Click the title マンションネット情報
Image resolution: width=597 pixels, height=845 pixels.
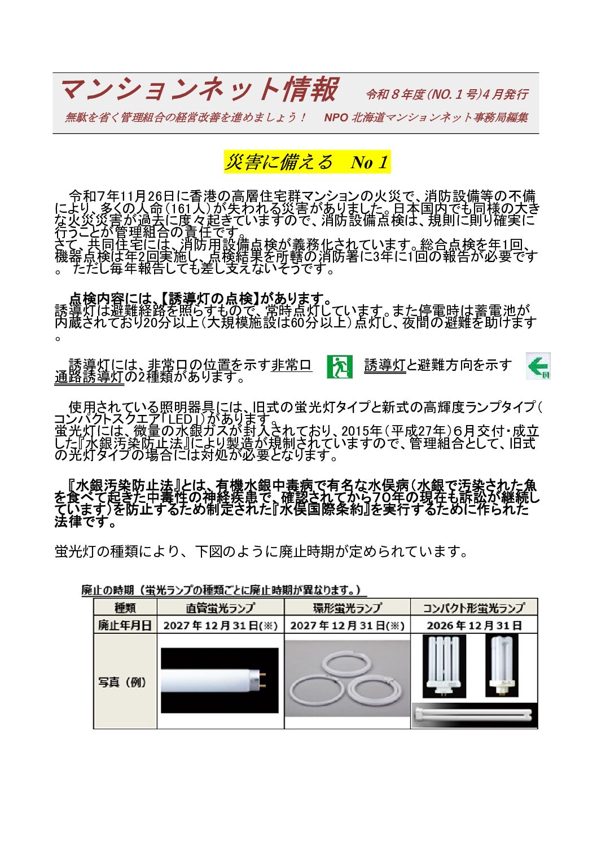tap(199, 90)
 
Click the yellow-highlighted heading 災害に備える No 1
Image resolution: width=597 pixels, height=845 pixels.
tap(307, 162)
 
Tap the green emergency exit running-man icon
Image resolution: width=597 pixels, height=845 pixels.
tap(340, 366)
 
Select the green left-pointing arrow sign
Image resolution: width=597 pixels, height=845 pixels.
tap(538, 366)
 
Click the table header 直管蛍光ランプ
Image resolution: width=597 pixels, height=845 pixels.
tap(220, 608)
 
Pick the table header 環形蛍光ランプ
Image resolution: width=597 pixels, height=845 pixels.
tap(347, 608)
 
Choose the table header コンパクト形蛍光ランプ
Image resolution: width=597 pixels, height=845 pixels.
tap(473, 608)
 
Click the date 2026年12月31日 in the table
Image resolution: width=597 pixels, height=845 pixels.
tap(474, 625)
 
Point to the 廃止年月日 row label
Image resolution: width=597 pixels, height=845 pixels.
tap(125, 625)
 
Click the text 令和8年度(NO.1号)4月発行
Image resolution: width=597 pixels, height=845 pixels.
tap(446, 94)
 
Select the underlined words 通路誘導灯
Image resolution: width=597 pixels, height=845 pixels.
tap(89, 377)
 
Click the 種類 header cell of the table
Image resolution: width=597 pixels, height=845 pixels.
tap(125, 608)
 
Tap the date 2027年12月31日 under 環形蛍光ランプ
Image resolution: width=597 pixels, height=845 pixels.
tap(347, 625)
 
